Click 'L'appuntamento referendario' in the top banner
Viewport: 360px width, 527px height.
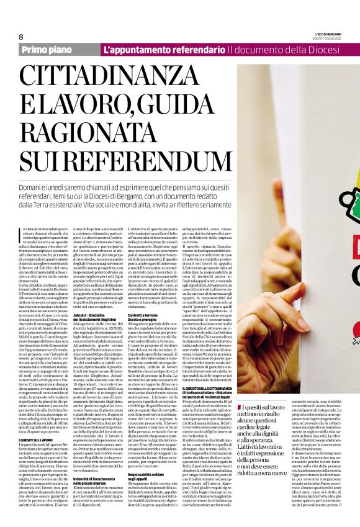click(x=164, y=49)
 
